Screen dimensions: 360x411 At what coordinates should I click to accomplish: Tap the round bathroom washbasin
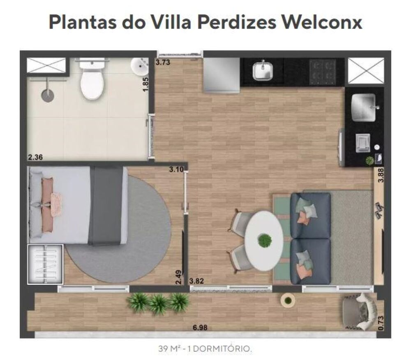click(x=140, y=66)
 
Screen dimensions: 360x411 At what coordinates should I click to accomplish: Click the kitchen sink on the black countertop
click(x=263, y=71)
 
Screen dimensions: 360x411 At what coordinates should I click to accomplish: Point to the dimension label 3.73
click(x=163, y=63)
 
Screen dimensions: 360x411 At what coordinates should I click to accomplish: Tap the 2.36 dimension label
click(x=35, y=157)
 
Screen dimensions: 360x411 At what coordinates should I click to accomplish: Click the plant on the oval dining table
click(x=265, y=240)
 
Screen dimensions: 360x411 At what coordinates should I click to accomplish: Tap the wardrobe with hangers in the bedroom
click(x=45, y=264)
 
